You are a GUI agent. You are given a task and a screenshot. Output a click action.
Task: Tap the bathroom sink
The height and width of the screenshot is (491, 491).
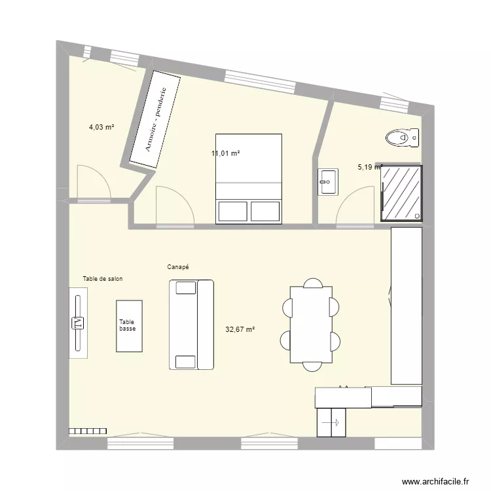pyautogui.click(x=328, y=181)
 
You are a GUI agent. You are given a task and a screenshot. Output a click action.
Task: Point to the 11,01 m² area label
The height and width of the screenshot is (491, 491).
pyautogui.click(x=225, y=153)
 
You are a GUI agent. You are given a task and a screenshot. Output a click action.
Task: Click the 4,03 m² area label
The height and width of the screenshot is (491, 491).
pyautogui.click(x=101, y=128)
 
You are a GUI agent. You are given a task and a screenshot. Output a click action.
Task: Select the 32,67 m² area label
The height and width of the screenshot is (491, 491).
pyautogui.click(x=240, y=330)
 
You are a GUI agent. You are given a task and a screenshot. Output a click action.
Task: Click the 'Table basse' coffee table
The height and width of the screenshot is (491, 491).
pyautogui.click(x=129, y=326)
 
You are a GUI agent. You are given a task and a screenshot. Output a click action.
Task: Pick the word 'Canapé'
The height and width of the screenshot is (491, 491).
pyautogui.click(x=178, y=267)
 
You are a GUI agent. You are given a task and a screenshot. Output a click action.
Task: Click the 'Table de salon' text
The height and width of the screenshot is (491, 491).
pyautogui.click(x=103, y=279)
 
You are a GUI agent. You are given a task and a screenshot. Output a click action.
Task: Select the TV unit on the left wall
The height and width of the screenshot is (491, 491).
pyautogui.click(x=79, y=323)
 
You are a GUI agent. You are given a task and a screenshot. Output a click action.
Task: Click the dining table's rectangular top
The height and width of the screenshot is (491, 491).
pyautogui.click(x=311, y=325)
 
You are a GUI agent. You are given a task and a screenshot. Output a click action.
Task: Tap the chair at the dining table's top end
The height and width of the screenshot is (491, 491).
pyautogui.click(x=312, y=283)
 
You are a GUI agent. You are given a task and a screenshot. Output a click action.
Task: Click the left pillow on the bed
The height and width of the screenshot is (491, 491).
pyautogui.click(x=232, y=211)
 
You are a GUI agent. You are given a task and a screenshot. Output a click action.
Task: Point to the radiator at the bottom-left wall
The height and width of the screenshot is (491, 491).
pyautogui.click(x=87, y=431)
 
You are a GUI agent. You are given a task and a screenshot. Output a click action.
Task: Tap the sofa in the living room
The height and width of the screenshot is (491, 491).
pyautogui.click(x=191, y=325)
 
